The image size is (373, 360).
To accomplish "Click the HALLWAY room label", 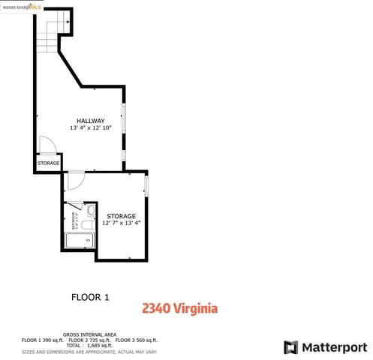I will click(x=90, y=121).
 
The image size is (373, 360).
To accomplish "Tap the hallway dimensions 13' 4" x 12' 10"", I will click(x=90, y=128).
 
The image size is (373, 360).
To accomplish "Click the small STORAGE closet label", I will click(x=49, y=163).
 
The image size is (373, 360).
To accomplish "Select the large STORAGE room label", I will click(x=121, y=216).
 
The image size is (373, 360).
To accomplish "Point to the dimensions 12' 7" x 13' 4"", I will click(x=121, y=223).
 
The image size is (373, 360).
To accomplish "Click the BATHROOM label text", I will click(x=74, y=220).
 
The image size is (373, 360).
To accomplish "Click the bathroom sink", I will click(x=89, y=211).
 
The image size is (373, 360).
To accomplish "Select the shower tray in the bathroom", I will click(x=79, y=241).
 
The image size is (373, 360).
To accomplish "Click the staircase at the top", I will click(x=51, y=34).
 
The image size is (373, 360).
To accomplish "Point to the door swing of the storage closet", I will click(x=44, y=144).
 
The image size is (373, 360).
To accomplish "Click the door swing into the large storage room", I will click(x=75, y=180).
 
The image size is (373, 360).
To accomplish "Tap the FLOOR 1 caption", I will click(x=90, y=297).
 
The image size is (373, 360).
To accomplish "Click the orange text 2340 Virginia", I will click(x=180, y=308).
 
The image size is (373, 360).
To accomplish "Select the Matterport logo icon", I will click(x=290, y=347).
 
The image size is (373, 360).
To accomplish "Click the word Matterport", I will click(x=334, y=347).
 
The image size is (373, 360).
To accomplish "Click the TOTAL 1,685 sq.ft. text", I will click(x=89, y=345).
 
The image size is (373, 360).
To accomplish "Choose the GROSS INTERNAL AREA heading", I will click(x=89, y=334).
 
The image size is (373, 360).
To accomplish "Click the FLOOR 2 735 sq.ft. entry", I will click(x=89, y=340).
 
